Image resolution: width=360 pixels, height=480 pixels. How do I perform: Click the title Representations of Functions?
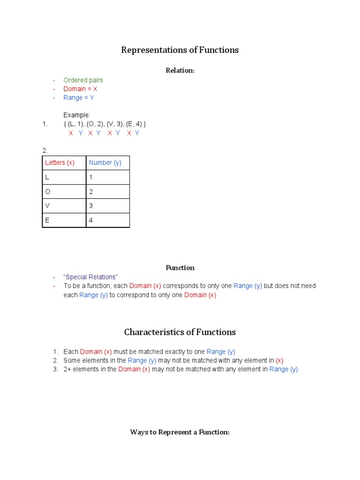[x=180, y=50]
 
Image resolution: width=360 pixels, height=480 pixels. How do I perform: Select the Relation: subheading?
[x=180, y=70]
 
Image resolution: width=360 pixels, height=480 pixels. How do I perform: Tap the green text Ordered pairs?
[x=83, y=80]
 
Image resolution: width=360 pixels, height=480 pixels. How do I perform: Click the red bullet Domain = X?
[x=80, y=89]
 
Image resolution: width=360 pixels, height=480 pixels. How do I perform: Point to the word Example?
[x=77, y=115]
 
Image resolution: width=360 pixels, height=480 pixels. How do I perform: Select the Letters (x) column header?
[x=60, y=163]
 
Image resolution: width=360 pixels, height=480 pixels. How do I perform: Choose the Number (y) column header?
[x=105, y=163]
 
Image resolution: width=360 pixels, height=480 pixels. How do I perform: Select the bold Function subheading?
[x=180, y=268]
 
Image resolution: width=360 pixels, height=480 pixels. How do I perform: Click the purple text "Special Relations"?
[x=90, y=277]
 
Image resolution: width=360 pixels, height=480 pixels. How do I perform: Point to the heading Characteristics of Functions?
[x=180, y=332]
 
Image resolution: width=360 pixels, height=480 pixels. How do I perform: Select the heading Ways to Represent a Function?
[x=180, y=432]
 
